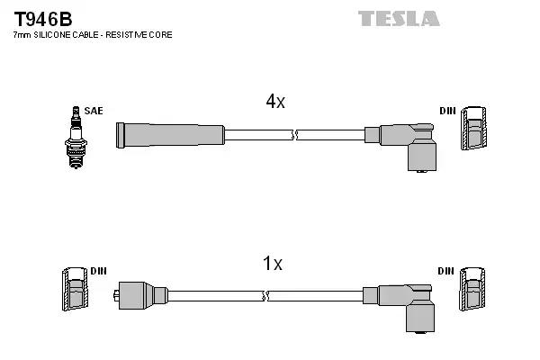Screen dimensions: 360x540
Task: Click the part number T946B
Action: pyautogui.click(x=43, y=17)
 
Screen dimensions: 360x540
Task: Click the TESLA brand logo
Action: pyautogui.click(x=399, y=18)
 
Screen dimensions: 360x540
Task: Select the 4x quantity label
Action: pyautogui.click(x=275, y=103)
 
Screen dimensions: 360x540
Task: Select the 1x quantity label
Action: pyautogui.click(x=272, y=264)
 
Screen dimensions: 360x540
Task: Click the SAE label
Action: pyautogui.click(x=94, y=111)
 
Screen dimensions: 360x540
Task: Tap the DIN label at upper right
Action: pyautogui.click(x=447, y=111)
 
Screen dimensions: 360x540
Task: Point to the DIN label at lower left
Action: pyautogui.click(x=99, y=271)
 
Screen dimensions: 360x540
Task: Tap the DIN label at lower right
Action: pyautogui.click(x=447, y=271)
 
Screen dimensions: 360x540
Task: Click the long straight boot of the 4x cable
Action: pyautogui.click(x=169, y=134)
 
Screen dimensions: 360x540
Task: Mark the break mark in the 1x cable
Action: pyautogui.click(x=263, y=295)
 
